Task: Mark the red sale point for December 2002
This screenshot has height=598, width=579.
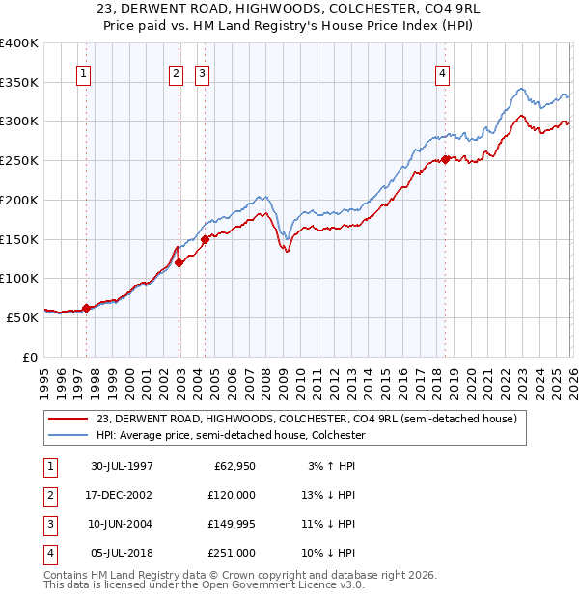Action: tap(179, 261)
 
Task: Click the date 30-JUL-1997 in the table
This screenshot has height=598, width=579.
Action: tap(122, 466)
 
